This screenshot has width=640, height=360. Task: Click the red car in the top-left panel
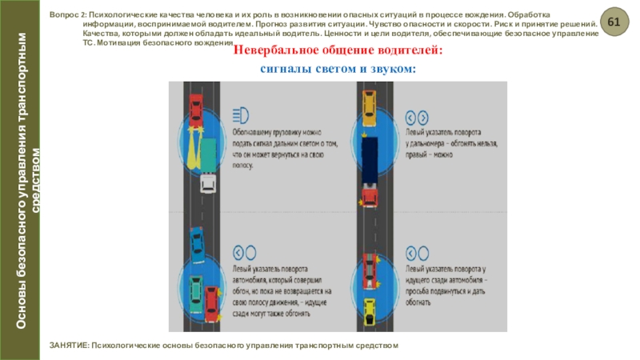pyautogui.click(x=195, y=106)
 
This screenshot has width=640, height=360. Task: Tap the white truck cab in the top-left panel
pyautogui.click(x=206, y=183)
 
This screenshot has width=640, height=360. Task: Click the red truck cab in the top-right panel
pyautogui.click(x=368, y=194)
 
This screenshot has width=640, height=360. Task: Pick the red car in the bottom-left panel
pyautogui.click(x=211, y=302)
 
